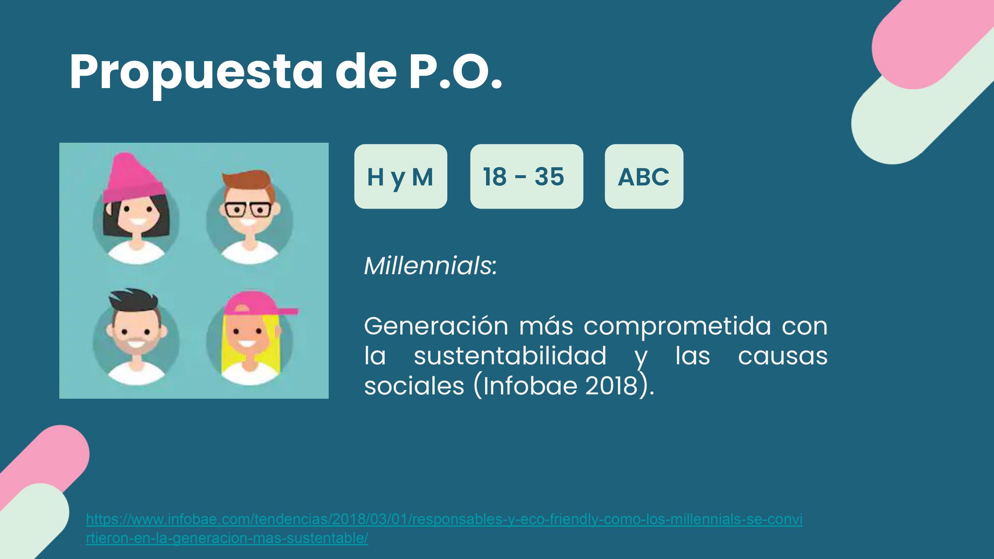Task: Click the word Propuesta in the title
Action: [x=196, y=73]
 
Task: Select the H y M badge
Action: [x=401, y=176]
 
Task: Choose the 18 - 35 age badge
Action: [x=526, y=176]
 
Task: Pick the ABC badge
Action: [x=644, y=176]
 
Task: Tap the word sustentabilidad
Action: [x=510, y=355]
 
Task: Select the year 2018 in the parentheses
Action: [x=611, y=385]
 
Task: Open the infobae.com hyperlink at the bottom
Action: [x=444, y=528]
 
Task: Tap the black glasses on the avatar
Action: [x=248, y=210]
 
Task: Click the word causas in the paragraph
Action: [x=783, y=356]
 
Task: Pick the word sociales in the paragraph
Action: [x=414, y=385]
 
